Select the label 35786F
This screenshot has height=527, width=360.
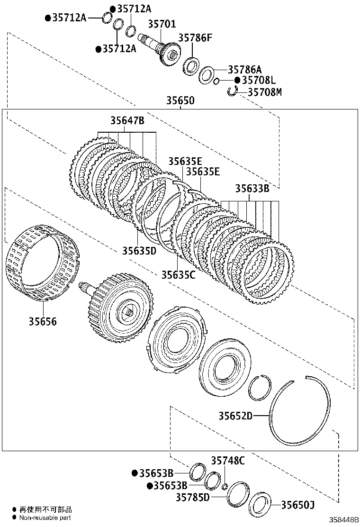coord(195,38)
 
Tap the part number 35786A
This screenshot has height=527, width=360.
coord(245,69)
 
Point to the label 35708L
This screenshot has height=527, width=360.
coord(259,81)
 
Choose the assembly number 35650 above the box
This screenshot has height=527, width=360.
coord(180,101)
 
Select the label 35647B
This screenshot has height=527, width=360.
coord(127,121)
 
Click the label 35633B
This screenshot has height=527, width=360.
coord(252,189)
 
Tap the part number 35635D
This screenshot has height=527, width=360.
coord(139,250)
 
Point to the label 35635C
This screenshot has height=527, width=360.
coord(178,274)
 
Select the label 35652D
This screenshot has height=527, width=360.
coord(235,417)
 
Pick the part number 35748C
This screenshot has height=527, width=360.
coord(228,460)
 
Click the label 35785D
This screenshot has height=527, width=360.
coord(192,497)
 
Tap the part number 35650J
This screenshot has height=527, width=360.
coord(298,505)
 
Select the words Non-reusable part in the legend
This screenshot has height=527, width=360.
coord(45,518)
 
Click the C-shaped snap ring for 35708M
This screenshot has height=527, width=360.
coord(233,91)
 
